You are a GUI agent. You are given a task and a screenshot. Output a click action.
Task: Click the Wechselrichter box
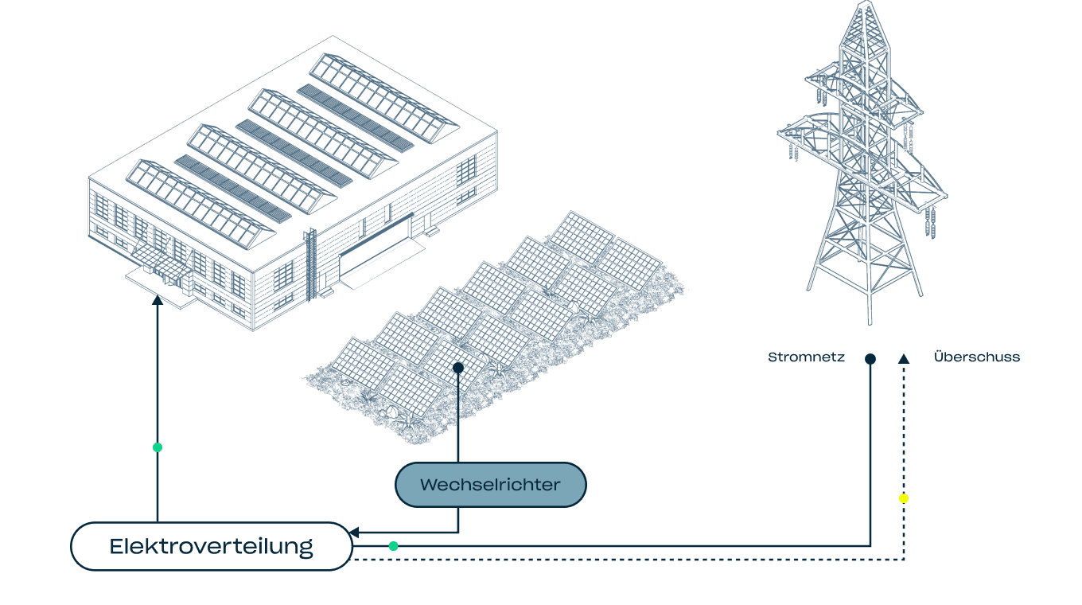tap(490, 484)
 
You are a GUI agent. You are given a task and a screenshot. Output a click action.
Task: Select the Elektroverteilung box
tap(211, 547)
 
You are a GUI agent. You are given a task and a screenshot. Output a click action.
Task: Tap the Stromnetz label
tap(806, 357)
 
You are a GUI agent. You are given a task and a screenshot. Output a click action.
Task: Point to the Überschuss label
tap(976, 357)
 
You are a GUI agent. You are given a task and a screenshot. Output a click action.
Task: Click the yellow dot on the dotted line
tap(903, 498)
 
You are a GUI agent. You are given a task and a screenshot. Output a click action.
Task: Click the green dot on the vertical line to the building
tap(158, 447)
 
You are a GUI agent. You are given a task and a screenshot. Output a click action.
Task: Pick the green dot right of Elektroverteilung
tap(393, 546)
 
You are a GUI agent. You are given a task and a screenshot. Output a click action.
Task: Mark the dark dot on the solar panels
tap(457, 368)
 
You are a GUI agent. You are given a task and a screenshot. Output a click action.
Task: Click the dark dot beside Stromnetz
tap(870, 359)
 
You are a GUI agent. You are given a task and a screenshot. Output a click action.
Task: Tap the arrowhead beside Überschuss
tap(903, 359)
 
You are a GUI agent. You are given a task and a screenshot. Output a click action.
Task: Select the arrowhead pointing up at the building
tap(158, 300)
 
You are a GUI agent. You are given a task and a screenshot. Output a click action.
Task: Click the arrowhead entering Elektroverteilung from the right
tap(355, 533)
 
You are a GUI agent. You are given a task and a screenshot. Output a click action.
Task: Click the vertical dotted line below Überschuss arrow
tap(903, 446)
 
